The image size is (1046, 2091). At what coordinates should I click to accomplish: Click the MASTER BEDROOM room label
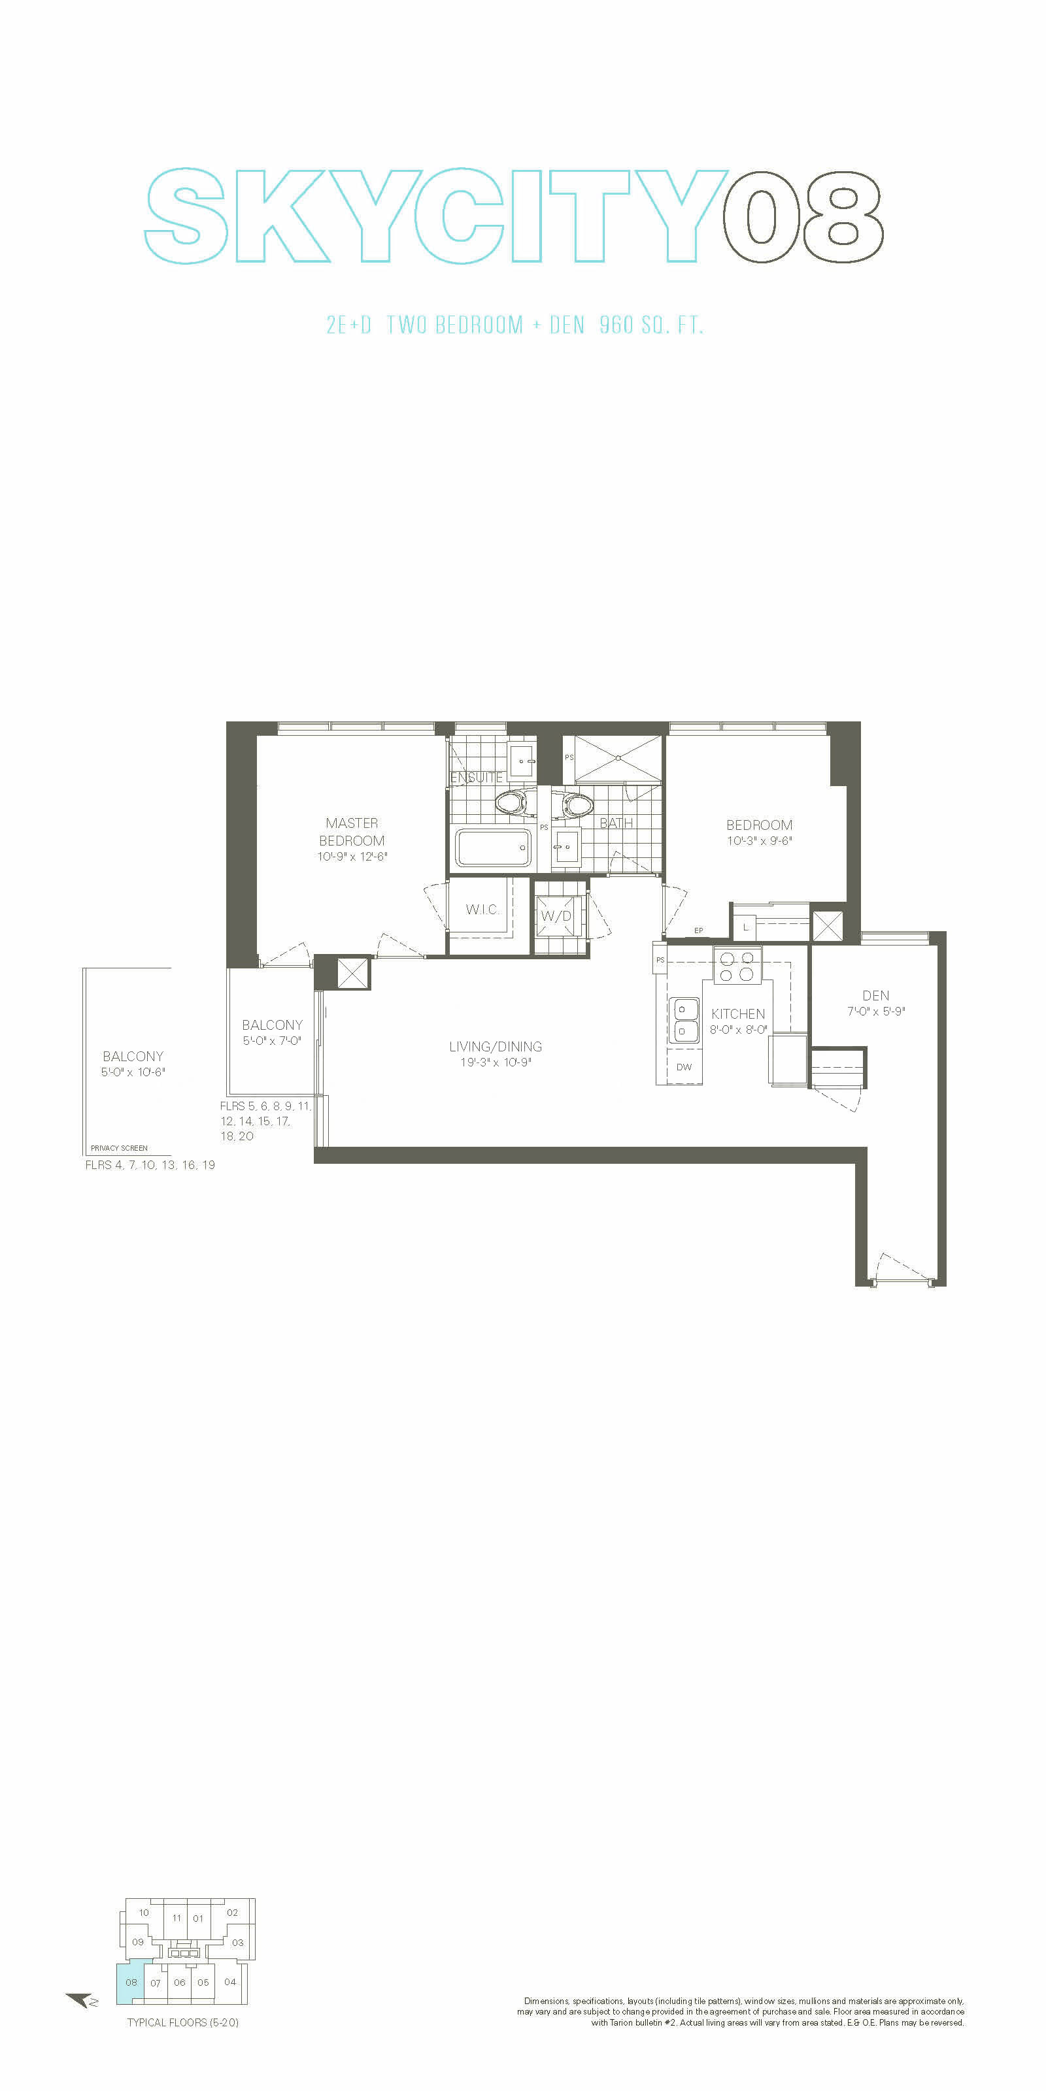[x=352, y=832]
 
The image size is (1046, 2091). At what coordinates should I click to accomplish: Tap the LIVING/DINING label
[x=496, y=1046]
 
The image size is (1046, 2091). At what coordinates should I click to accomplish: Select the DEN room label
[x=875, y=995]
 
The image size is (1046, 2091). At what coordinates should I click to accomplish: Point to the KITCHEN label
[x=737, y=1014]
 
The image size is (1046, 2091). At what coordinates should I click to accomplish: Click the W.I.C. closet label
[x=482, y=909]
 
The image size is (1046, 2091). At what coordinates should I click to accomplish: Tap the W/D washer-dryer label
[x=556, y=915]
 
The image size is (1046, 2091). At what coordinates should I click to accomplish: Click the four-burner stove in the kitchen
[x=737, y=966]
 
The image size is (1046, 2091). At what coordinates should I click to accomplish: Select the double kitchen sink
[x=684, y=1019]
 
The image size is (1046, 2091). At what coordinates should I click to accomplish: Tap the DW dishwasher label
[x=684, y=1066]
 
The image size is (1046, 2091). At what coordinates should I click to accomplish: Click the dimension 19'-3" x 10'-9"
[x=496, y=1062]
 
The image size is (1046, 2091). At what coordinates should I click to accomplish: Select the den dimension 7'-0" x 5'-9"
[x=875, y=1012]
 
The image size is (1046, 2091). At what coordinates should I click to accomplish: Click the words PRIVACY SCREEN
[x=120, y=1148]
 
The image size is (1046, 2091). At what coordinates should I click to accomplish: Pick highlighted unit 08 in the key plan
[x=131, y=1983]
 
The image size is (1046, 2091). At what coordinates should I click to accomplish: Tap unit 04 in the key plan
[x=230, y=1981]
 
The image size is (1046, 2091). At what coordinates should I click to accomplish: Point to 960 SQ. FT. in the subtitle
[x=651, y=325]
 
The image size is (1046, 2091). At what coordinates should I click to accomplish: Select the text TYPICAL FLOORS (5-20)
[x=183, y=2022]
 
